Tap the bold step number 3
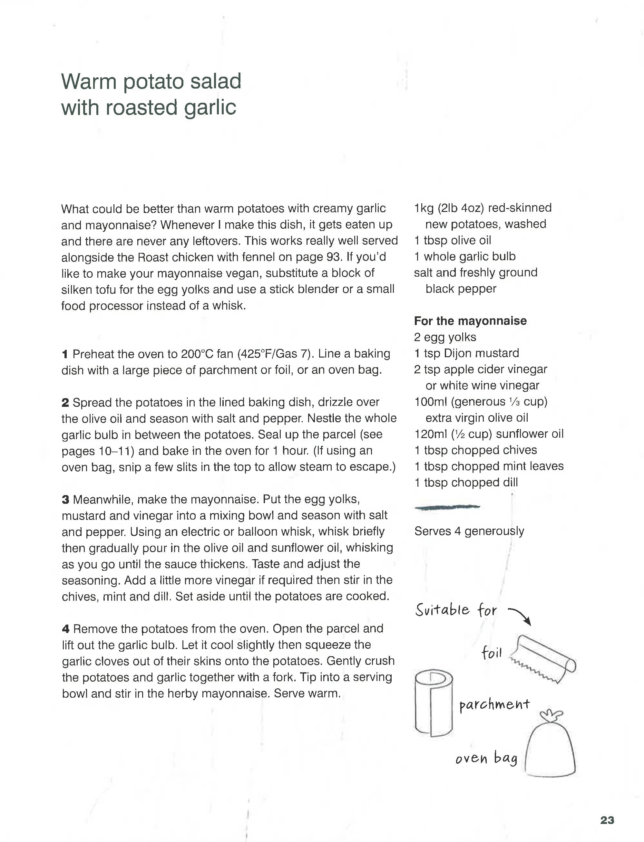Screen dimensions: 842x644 65,500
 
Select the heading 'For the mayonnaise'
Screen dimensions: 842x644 470,321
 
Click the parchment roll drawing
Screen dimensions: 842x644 433,703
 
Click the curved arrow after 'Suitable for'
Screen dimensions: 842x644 520,615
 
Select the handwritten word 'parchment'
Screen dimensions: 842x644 494,704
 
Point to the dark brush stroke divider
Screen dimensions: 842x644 447,508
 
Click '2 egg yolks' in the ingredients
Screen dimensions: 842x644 445,337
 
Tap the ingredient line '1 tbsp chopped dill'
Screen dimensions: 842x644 466,483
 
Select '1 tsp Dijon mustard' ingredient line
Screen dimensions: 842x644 466,353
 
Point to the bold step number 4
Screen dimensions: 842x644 65,629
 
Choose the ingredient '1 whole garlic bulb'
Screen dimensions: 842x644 464,256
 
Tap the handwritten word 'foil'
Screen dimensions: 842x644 492,652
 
